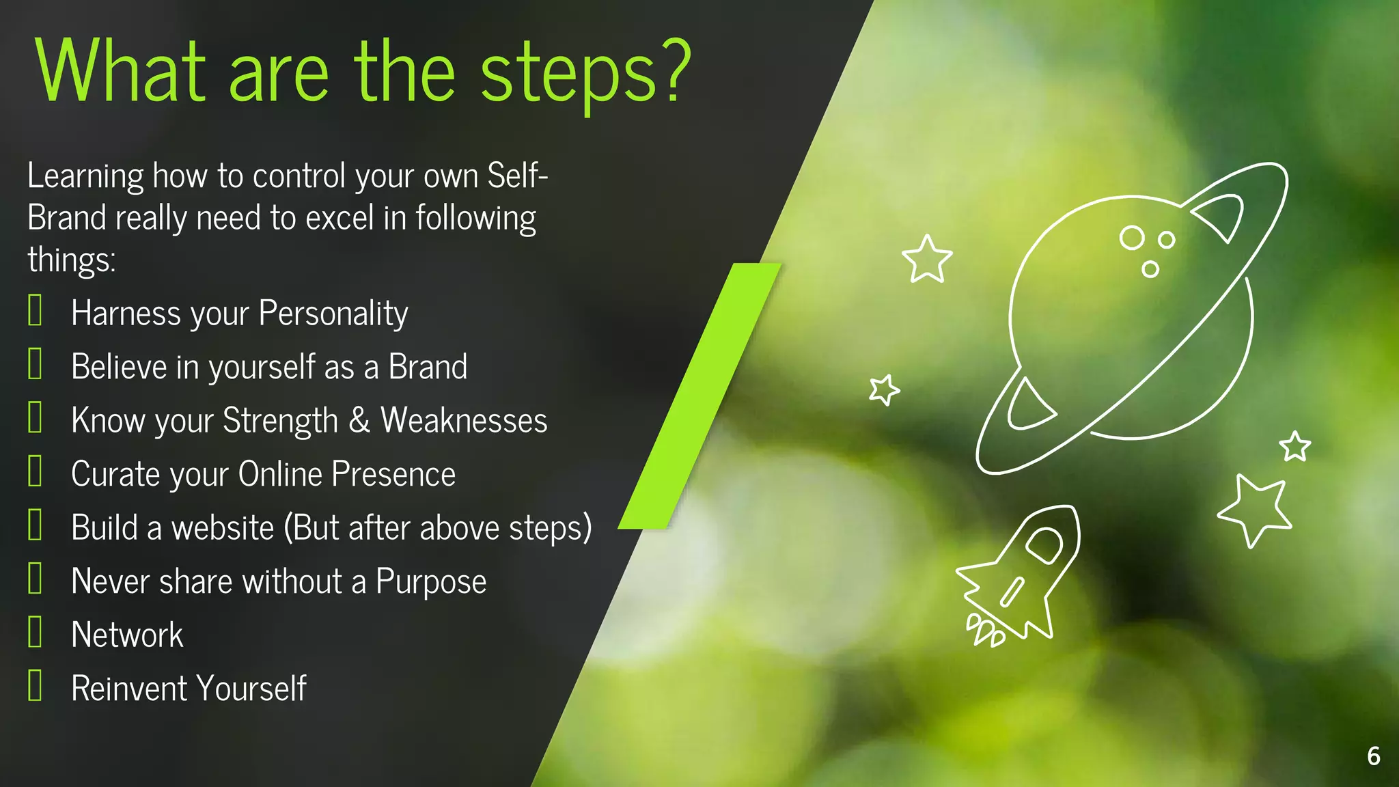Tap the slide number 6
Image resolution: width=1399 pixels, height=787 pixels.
(x=1373, y=756)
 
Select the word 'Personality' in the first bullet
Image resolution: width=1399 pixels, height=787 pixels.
(x=333, y=314)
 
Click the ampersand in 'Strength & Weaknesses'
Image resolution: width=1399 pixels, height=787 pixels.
(x=359, y=420)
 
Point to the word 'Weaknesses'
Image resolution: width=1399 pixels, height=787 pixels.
(x=464, y=420)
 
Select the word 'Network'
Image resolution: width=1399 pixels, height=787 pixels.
(x=127, y=635)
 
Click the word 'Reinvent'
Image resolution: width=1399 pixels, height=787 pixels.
(x=130, y=689)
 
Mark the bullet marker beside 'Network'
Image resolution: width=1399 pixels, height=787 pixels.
(x=36, y=632)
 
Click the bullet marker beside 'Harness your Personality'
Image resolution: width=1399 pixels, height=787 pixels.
(x=36, y=310)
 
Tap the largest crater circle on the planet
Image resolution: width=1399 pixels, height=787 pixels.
(x=1132, y=238)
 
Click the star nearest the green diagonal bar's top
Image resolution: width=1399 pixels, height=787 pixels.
(x=927, y=259)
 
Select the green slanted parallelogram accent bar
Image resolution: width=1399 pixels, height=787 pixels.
(x=699, y=396)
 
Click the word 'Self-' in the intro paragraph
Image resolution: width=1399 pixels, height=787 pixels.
(x=517, y=176)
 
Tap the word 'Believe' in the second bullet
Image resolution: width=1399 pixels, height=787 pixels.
(x=119, y=367)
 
